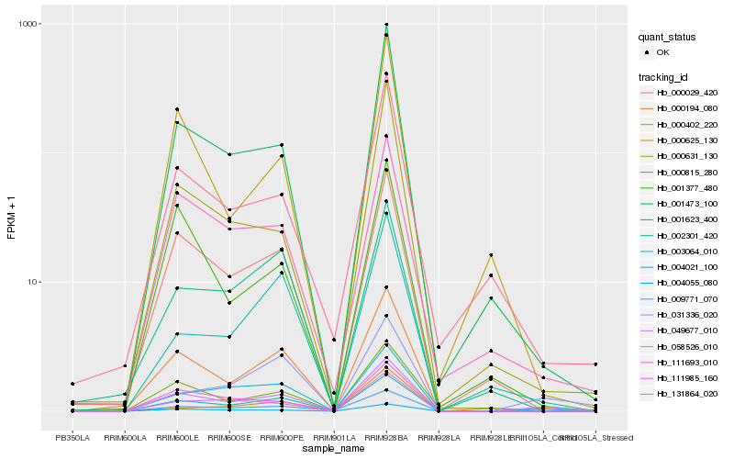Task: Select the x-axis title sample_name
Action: [334, 449]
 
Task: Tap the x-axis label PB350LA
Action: [72, 438]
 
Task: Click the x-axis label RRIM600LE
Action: [177, 438]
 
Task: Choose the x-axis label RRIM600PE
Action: [282, 438]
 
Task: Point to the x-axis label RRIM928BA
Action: [386, 438]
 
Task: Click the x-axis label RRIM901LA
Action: [334, 438]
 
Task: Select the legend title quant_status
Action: [668, 38]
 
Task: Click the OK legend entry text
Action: [663, 52]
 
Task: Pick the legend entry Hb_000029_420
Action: [687, 93]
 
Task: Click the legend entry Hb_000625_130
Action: [687, 140]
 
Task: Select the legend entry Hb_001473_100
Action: [687, 204]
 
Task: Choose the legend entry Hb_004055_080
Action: [687, 283]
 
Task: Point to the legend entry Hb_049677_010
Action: [687, 330]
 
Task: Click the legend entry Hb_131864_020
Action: [687, 394]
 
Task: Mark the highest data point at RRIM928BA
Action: [386, 25]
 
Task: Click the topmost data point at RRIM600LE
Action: [177, 109]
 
